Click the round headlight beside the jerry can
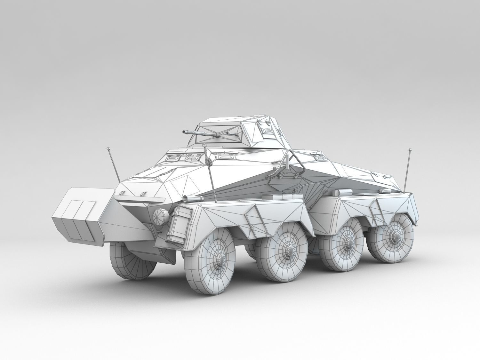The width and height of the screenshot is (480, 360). coord(160,216)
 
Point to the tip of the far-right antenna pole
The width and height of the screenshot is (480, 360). coord(409,149)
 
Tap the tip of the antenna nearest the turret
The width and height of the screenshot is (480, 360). coord(204,145)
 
